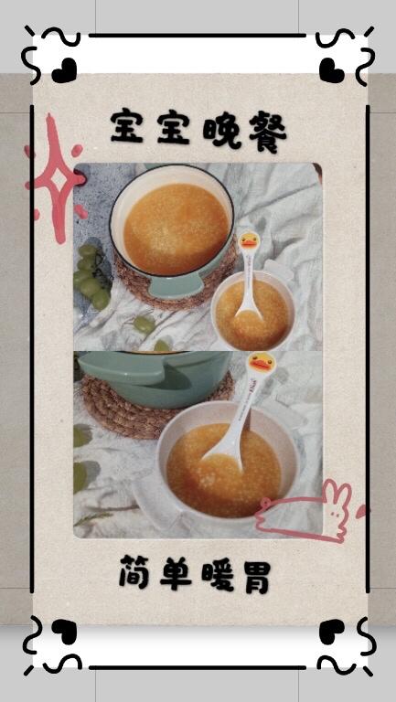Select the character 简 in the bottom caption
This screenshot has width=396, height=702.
(x=134, y=571)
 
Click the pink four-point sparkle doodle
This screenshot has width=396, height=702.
(x=58, y=178)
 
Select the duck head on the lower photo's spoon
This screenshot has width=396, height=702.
(x=261, y=366)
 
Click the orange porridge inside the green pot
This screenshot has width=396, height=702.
(x=177, y=229)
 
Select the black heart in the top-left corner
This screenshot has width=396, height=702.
(x=64, y=70)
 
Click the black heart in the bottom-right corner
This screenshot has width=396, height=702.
(x=332, y=632)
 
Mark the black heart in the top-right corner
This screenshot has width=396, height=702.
(x=332, y=70)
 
